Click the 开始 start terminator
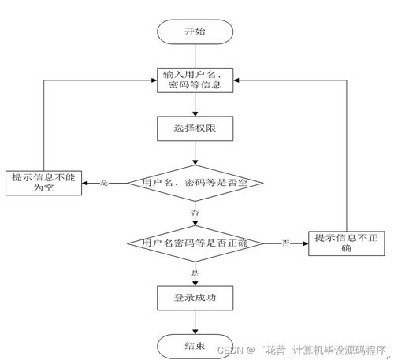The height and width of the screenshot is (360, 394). pyautogui.click(x=195, y=32)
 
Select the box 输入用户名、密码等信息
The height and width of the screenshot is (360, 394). pyautogui.click(x=195, y=80)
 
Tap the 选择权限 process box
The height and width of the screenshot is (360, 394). pyautogui.click(x=195, y=127)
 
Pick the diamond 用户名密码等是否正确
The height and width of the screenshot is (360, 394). pyautogui.click(x=195, y=243)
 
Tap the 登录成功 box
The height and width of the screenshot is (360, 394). pyautogui.click(x=195, y=298)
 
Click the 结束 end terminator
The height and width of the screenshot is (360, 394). pyautogui.click(x=195, y=346)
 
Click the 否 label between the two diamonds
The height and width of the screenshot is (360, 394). pyautogui.click(x=195, y=213)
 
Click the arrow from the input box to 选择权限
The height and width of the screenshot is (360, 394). pyautogui.click(x=195, y=104)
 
